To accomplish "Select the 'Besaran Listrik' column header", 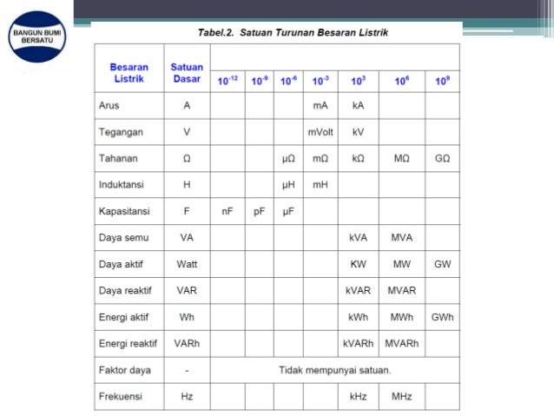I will click(x=129, y=73).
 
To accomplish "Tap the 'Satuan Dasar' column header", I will click(x=187, y=73).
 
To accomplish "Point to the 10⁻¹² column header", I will click(x=228, y=81).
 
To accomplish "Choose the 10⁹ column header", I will click(x=442, y=81).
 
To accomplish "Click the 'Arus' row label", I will click(x=109, y=106).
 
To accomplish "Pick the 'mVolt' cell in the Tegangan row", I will click(x=320, y=133).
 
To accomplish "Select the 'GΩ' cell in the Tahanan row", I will click(x=442, y=160).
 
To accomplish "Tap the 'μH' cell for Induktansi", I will click(x=289, y=186).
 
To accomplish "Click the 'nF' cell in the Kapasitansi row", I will click(x=228, y=211).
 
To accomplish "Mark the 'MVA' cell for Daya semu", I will click(x=401, y=237).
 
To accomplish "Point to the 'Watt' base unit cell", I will click(x=187, y=264).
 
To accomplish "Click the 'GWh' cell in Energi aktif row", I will click(x=442, y=317).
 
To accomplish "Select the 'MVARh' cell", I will click(x=401, y=344).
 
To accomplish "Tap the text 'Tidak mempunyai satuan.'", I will click(x=334, y=370).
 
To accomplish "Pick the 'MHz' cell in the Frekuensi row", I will click(x=401, y=397).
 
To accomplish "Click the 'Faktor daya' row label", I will click(x=125, y=370).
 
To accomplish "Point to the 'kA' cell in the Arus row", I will click(x=359, y=106).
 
